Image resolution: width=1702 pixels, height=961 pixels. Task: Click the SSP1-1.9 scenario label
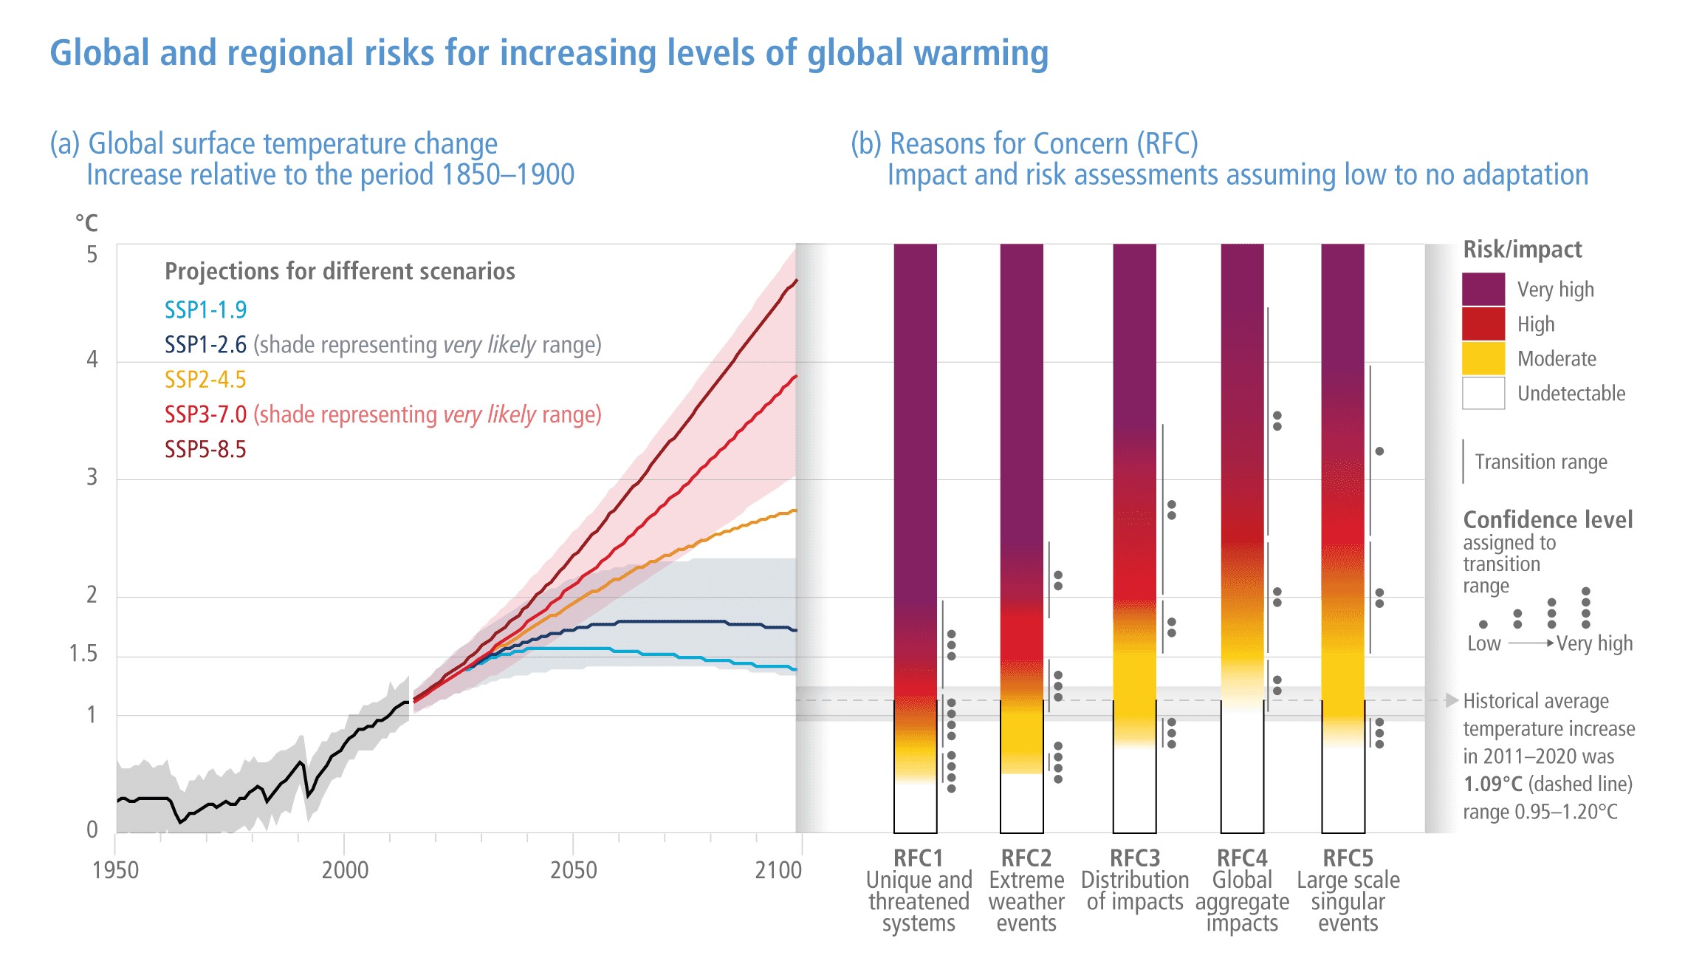click(205, 310)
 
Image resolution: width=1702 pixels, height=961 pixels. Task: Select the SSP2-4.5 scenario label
click(205, 380)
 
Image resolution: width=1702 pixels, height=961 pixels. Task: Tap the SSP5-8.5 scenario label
click(205, 449)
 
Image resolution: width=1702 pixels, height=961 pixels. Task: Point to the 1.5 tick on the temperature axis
click(83, 654)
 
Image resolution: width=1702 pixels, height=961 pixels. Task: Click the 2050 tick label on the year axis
click(573, 870)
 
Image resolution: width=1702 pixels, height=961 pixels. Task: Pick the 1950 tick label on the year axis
click(115, 870)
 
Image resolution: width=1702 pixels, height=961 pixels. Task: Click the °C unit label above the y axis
click(86, 222)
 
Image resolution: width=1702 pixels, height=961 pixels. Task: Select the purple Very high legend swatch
click(1483, 289)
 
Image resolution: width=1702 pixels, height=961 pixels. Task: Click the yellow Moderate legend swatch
click(1483, 358)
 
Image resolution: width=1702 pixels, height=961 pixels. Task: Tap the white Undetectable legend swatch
click(1483, 393)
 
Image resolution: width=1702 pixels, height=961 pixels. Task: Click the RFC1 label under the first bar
click(918, 858)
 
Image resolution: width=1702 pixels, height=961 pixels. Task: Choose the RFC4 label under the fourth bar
click(1241, 858)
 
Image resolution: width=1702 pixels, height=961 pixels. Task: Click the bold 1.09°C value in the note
click(1492, 784)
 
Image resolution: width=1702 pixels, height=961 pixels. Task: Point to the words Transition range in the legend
click(1540, 462)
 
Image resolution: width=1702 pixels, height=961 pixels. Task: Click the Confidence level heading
click(1548, 520)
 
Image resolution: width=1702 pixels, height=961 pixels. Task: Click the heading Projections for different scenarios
click(340, 271)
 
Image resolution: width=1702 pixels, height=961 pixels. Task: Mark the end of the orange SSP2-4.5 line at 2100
click(795, 510)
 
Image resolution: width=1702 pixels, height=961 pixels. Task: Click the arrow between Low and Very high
click(1531, 643)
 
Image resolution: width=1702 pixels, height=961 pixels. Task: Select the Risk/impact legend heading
click(1522, 250)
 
